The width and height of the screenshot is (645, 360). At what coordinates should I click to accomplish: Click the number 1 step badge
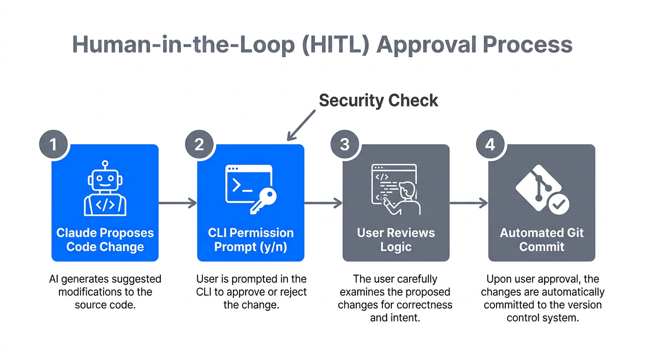(x=53, y=144)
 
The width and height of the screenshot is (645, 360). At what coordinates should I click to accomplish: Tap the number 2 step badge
(x=199, y=144)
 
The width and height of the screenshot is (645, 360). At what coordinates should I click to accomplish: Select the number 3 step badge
(x=345, y=144)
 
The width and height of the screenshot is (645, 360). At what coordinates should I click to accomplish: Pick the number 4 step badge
(x=490, y=144)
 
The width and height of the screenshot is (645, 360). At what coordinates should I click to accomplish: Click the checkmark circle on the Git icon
(x=559, y=204)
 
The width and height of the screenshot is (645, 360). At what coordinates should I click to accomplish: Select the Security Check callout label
(x=378, y=100)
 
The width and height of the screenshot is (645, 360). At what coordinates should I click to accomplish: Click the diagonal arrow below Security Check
(x=301, y=125)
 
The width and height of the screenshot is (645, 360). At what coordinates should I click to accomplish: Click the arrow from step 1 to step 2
(x=177, y=203)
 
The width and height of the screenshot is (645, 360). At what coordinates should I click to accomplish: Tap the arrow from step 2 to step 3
(x=323, y=203)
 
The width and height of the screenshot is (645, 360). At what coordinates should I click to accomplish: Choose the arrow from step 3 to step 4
(x=469, y=203)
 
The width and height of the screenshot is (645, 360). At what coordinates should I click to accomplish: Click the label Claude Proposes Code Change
(x=105, y=240)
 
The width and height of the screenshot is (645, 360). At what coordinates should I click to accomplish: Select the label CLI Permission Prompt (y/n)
(x=251, y=240)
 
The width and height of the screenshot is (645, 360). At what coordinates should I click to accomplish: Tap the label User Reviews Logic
(x=396, y=240)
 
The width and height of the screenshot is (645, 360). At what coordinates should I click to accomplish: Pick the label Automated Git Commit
(x=542, y=240)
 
